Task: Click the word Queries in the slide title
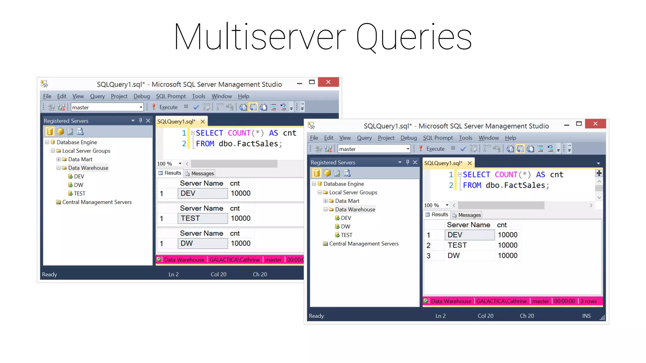coord(414,37)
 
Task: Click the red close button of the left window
coord(328,82)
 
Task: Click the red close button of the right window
coord(595,124)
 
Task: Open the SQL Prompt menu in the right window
coord(438,138)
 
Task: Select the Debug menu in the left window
coord(142,96)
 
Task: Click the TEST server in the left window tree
coord(79,193)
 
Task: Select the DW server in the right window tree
coord(345,227)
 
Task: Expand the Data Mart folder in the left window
coord(59,159)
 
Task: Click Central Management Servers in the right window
coord(364,244)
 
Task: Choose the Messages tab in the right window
coord(469,215)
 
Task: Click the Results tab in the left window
coord(172,173)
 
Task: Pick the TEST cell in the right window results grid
coord(457,245)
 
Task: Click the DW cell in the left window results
coord(187,243)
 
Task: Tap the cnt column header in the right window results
coord(502,225)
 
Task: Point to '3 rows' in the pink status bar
coord(588,301)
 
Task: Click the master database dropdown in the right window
coord(374,149)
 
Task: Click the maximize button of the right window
coord(579,124)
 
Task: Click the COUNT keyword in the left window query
coord(239,133)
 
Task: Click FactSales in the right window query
coord(524,185)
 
